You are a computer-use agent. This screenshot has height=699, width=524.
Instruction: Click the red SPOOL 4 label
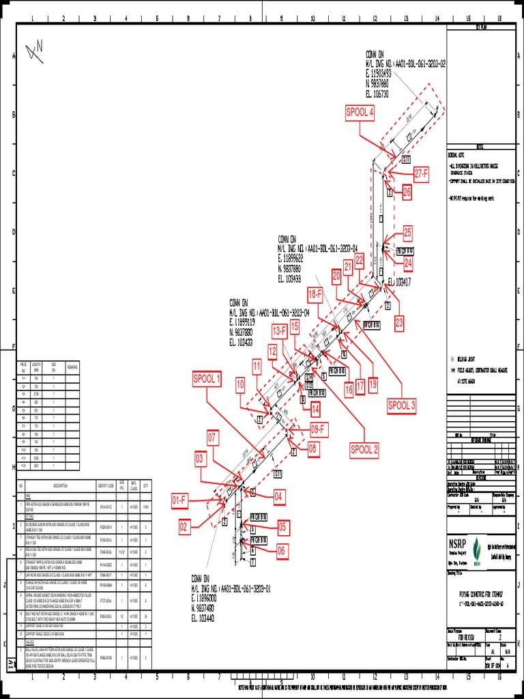pos(360,113)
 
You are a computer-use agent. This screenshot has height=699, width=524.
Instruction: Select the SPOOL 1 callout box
pos(207,379)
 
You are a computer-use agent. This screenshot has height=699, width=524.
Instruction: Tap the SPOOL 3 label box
pos(402,405)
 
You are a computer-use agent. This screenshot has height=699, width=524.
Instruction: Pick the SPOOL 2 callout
pos(364,449)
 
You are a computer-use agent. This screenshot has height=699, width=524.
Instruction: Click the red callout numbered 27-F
pos(421,174)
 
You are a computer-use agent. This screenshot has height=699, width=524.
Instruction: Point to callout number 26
pos(407,193)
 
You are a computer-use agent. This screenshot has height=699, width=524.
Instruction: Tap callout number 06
pos(282,550)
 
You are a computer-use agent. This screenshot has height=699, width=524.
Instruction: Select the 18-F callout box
pos(315,295)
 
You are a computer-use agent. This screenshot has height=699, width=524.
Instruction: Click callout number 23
pos(399,322)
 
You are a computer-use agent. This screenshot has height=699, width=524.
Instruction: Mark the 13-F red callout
pos(280,331)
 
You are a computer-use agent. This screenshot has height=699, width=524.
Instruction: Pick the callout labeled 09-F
pos(319,429)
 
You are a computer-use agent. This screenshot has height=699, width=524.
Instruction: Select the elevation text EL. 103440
pos(204,618)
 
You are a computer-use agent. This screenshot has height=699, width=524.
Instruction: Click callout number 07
pos(213,436)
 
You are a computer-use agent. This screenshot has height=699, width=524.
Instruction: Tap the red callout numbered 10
pos(241,384)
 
